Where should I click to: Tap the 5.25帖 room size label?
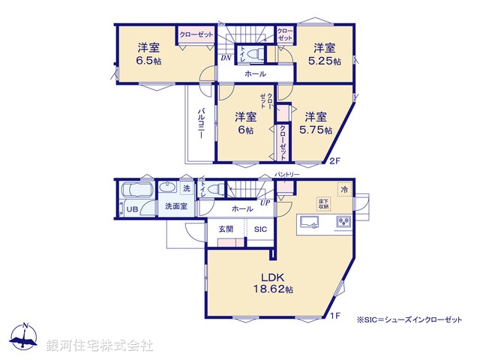tap(327, 55)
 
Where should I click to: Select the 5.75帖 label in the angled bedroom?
tap(316, 123)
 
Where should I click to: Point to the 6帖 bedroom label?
tap(245, 123)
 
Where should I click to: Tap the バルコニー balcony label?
tap(201, 127)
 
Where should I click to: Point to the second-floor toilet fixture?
tap(253, 54)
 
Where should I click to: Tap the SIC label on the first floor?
tap(260, 229)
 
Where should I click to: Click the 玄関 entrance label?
tap(226, 229)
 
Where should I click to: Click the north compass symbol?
tap(25, 337)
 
